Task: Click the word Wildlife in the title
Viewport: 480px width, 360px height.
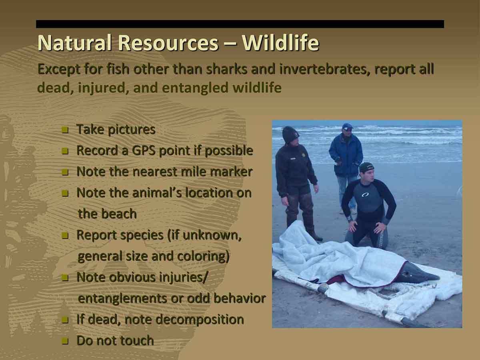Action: point(280,43)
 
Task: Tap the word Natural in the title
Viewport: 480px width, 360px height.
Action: point(74,43)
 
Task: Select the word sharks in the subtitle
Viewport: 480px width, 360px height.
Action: point(226,69)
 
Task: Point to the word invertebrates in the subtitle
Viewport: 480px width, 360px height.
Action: point(324,69)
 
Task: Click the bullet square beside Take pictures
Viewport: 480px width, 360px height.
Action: point(65,130)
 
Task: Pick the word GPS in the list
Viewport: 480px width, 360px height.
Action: point(144,150)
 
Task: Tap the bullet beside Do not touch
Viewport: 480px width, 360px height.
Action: point(65,341)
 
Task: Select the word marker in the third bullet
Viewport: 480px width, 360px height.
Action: point(231,172)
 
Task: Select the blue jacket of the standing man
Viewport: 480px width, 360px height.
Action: point(346,154)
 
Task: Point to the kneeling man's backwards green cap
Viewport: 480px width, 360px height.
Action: point(366,168)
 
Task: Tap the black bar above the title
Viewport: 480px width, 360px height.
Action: point(240,24)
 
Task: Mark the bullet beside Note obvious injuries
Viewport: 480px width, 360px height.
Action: point(65,278)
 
